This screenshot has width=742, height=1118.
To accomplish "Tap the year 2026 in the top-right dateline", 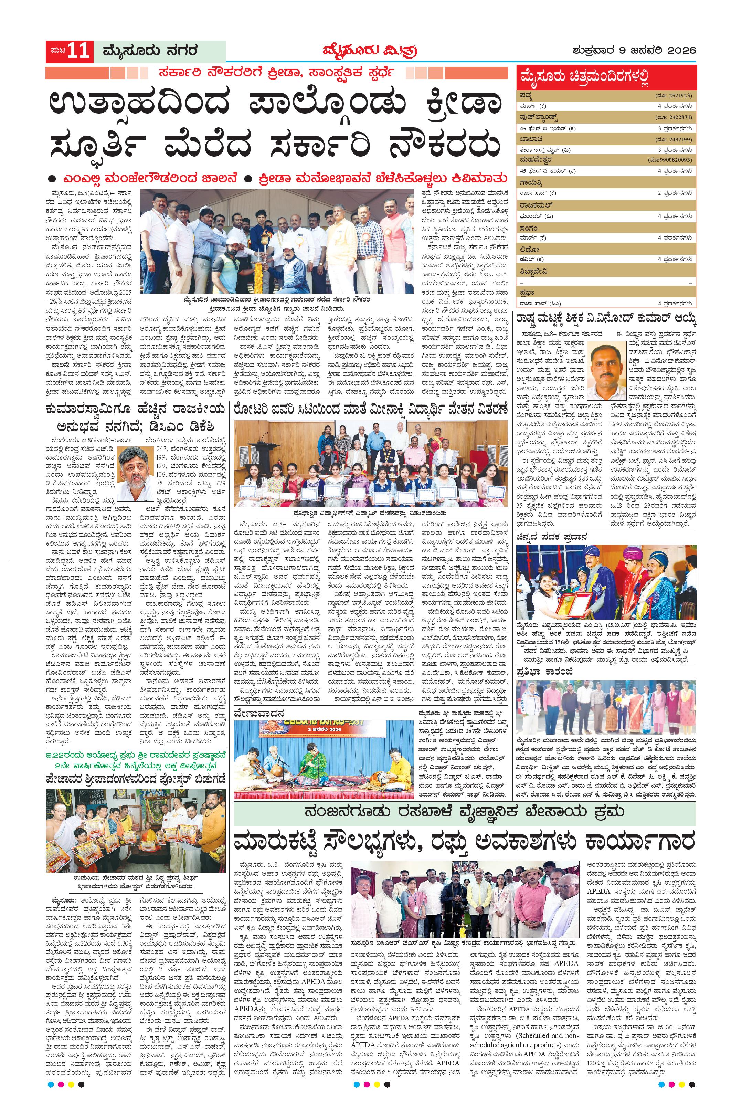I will tap(680, 50).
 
